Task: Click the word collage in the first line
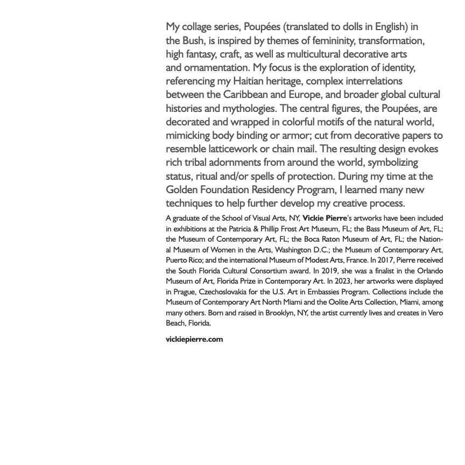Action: pos(199,27)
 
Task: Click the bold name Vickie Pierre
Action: pos(325,218)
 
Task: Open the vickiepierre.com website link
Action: pos(194,339)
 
